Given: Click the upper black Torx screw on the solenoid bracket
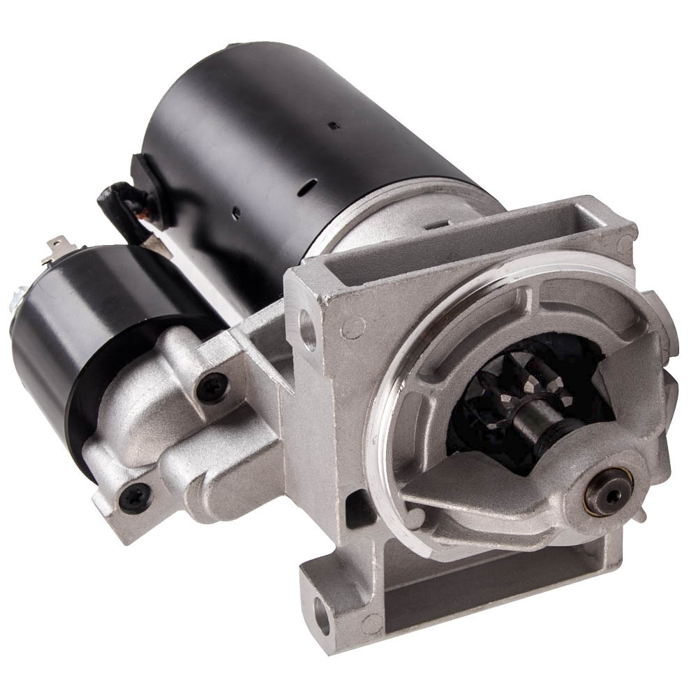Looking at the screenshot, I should [x=211, y=387].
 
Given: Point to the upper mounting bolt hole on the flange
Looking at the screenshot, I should [x=307, y=327].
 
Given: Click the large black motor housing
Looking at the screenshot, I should [x=279, y=140].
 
